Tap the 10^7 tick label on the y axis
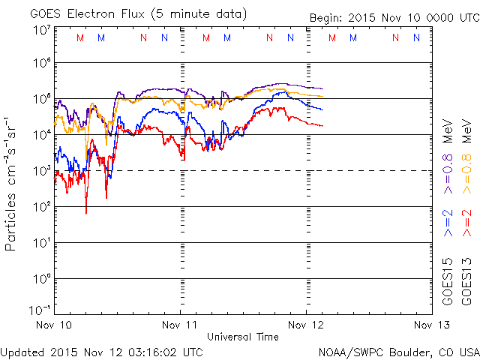point(41,30)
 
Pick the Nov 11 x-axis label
point(181,325)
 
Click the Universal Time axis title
point(243,337)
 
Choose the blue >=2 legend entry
point(448,224)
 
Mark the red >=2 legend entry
point(466,224)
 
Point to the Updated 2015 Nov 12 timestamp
point(102,351)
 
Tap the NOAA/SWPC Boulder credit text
point(397,351)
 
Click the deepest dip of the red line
point(86,213)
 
